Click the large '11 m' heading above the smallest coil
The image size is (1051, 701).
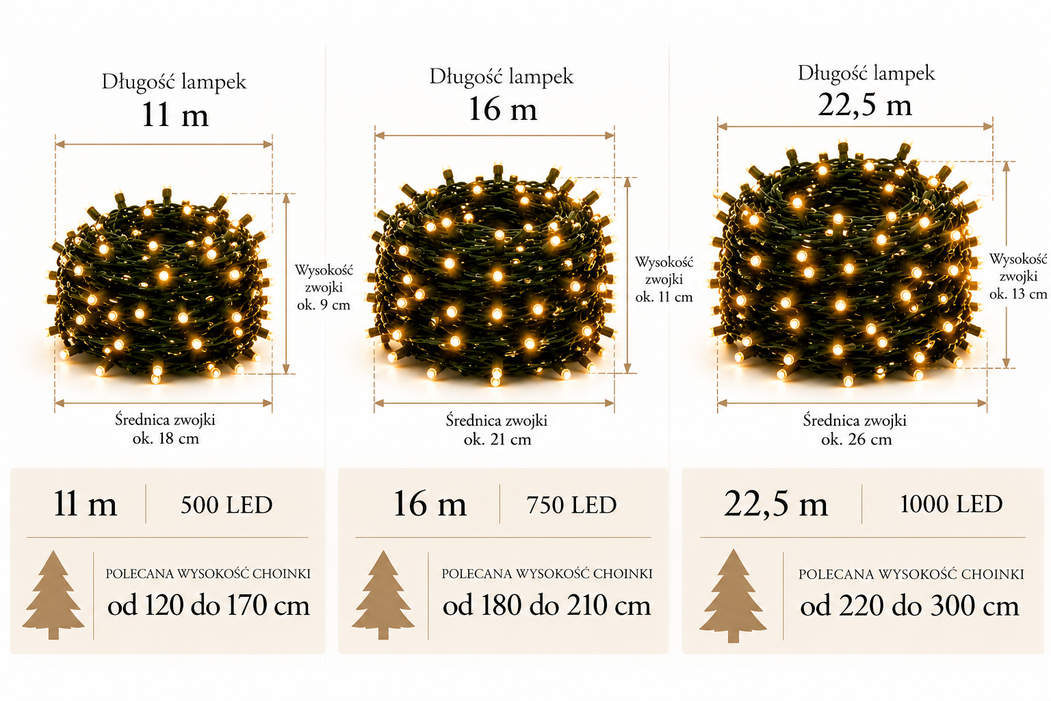click(x=175, y=114)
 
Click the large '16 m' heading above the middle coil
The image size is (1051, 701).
click(x=502, y=109)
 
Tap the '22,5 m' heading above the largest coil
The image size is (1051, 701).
click(x=865, y=104)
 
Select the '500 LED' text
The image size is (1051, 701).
click(x=226, y=505)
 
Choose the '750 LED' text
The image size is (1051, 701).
click(x=571, y=505)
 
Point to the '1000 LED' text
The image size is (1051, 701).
click(x=951, y=504)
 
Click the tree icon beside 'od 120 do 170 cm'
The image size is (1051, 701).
click(x=53, y=595)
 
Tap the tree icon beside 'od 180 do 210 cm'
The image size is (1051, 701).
click(x=383, y=595)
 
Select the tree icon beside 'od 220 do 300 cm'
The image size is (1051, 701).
click(x=733, y=596)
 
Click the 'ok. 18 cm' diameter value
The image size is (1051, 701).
click(x=166, y=439)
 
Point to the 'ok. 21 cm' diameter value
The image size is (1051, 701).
click(x=497, y=439)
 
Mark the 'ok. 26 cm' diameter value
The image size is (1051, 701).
click(x=856, y=439)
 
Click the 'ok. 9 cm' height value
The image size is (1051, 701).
click(x=323, y=305)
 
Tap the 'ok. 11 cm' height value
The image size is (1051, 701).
click(x=664, y=297)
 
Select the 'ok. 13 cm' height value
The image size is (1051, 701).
click(x=1018, y=294)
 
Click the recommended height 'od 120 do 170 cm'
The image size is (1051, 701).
click(x=208, y=605)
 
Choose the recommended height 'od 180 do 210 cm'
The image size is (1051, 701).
click(x=547, y=605)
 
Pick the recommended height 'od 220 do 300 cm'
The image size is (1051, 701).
click(x=909, y=606)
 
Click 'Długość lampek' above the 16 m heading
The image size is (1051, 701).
click(x=501, y=77)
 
